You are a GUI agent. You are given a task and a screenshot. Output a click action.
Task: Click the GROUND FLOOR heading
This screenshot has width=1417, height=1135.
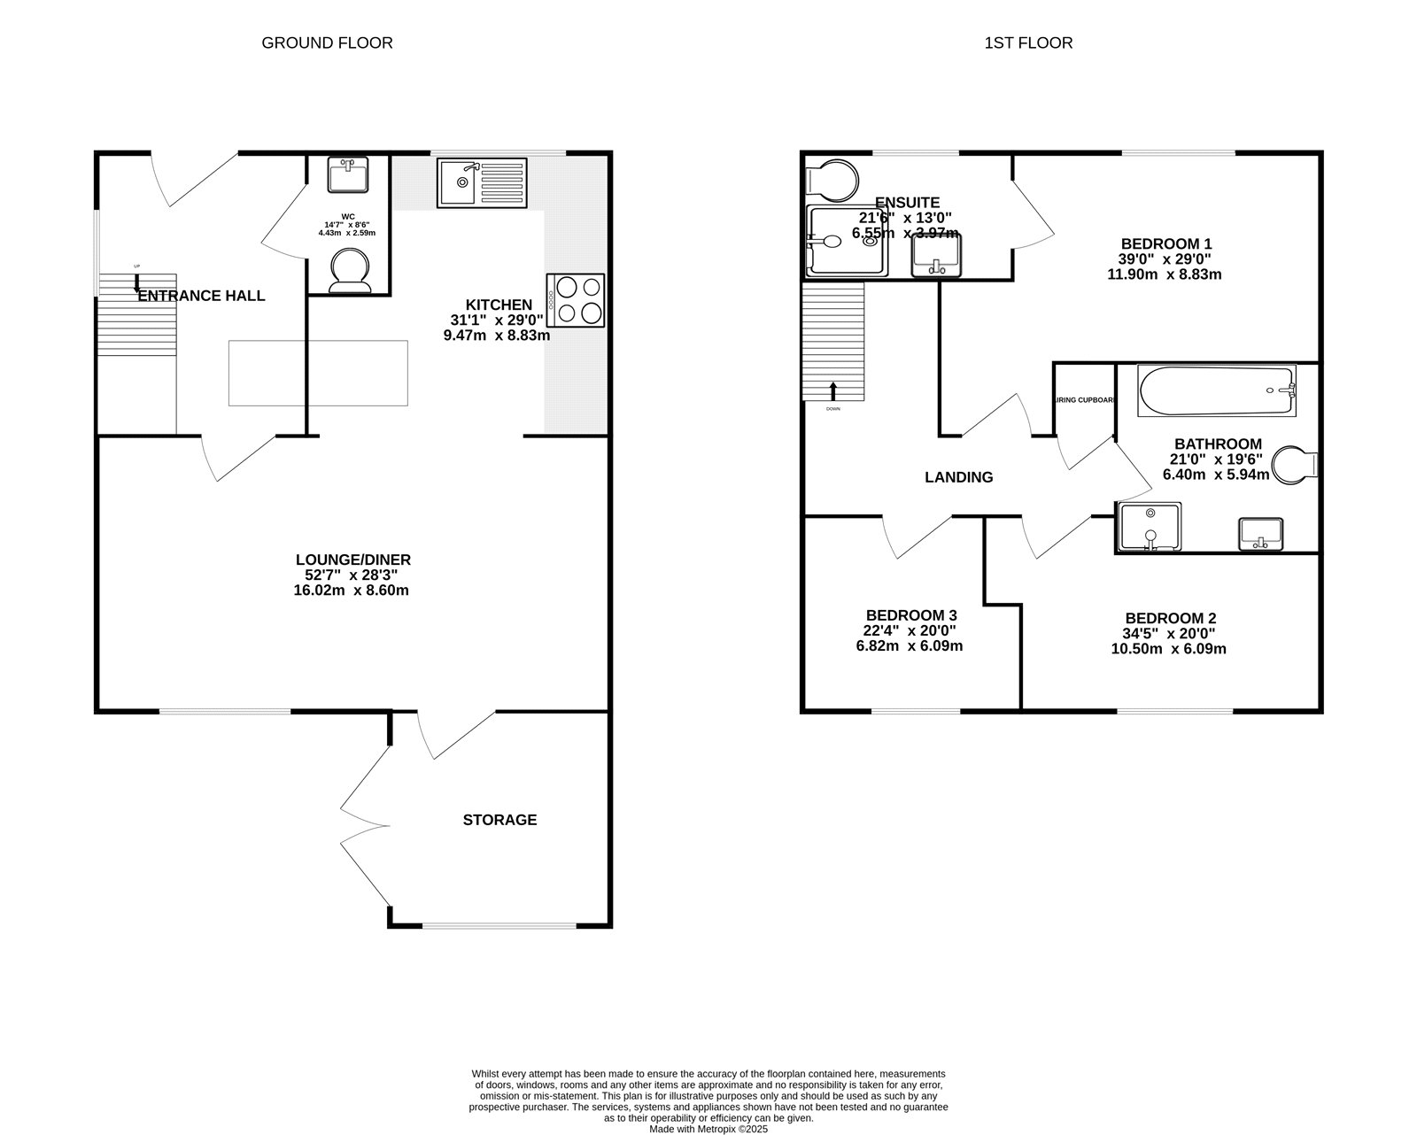[327, 42]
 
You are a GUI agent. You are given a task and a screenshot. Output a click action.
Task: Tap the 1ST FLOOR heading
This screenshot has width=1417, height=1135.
[1028, 42]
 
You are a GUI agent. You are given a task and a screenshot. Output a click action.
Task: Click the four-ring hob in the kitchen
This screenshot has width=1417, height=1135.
[577, 300]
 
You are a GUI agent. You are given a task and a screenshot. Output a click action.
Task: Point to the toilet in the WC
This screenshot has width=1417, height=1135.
[350, 270]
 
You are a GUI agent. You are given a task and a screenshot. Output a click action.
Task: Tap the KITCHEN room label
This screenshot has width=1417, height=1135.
[499, 305]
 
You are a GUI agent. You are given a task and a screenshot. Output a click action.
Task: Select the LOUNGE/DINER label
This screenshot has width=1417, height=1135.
[352, 560]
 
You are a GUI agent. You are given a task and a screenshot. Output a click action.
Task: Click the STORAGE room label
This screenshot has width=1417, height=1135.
[499, 820]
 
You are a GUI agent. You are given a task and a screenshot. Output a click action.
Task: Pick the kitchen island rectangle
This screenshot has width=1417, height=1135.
[318, 373]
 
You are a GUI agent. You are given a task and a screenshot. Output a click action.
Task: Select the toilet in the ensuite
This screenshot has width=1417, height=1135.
[832, 180]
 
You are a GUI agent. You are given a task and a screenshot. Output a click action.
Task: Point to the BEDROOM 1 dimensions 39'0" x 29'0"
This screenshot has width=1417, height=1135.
[1165, 259]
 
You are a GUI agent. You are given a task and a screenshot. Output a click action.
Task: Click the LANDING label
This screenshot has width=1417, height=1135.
[958, 477]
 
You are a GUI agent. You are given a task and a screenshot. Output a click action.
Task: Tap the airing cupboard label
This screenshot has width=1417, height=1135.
[1085, 400]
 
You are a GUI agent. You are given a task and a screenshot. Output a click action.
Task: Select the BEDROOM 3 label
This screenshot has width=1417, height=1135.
[910, 614]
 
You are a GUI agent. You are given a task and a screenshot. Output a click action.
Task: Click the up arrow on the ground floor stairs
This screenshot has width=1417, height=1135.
[136, 283]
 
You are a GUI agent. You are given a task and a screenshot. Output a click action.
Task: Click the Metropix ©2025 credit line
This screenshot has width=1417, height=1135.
[708, 1129]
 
